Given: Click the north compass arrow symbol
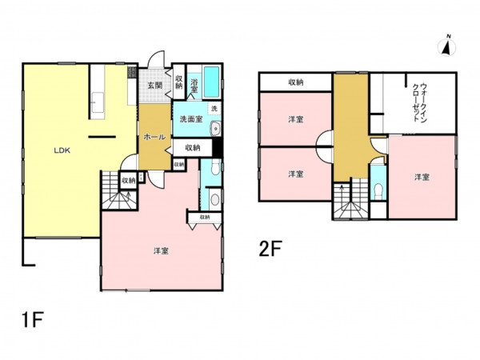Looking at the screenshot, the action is pos(447,46).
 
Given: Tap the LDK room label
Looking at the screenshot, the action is pos(62,150).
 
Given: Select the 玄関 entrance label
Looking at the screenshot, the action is pos(154,85).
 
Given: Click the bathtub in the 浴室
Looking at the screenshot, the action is pos(211,82).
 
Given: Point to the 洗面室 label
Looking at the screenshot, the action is pos(191,119).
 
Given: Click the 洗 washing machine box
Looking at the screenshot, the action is pos(214,108).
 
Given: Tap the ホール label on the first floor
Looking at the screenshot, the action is pos(154,137).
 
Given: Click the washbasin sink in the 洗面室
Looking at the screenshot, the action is pos(215,128).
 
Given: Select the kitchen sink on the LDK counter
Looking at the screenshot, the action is pos(98,102).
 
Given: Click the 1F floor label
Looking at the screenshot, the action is pos(33,319).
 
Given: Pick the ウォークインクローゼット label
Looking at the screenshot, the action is pos(419,102).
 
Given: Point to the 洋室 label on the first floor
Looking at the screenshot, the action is pos(161,251).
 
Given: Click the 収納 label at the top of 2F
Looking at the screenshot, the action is pos(296,82).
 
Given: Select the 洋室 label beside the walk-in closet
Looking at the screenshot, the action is pos(422,177).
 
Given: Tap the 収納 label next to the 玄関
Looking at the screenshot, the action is pos(178,82).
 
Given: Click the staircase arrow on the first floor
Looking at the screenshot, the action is pos(128,195).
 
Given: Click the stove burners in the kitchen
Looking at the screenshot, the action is pos(132,72).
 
